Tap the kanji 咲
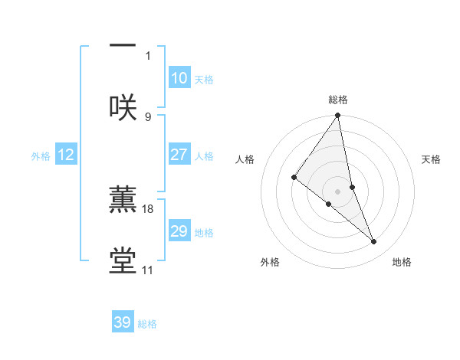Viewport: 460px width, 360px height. pos(123,107)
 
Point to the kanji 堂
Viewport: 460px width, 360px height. pos(123,260)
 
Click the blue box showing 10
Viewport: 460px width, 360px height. pos(179,78)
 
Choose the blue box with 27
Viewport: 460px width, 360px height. pos(179,155)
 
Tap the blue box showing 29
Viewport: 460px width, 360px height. pos(179,231)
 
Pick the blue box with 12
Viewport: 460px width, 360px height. pos(65,155)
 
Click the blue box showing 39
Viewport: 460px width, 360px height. pos(122,322)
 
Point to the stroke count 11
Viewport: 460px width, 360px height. pos(148,270)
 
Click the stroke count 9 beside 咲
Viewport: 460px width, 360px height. pos(148,116)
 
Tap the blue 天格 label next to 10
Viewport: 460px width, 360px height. pos(204,80)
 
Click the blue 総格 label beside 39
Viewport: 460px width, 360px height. pos(147,324)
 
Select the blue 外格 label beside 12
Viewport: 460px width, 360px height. pos(41,156)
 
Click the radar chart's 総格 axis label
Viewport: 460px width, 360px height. pos(338,100)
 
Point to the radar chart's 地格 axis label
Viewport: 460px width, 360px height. pos(402,262)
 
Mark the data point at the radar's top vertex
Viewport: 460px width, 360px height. pos(337,116)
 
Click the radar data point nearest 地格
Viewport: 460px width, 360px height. pos(374,241)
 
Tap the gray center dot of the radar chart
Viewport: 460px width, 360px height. pos(337,191)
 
